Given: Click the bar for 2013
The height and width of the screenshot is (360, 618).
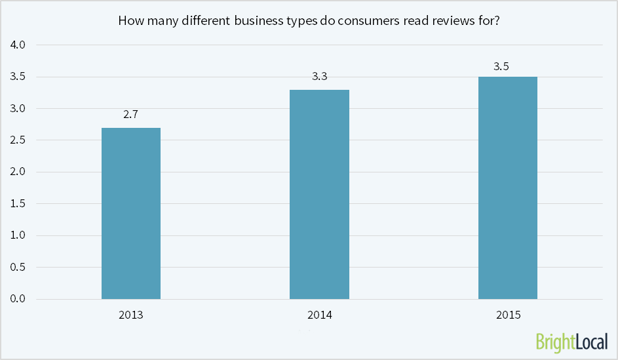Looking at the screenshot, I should tap(131, 213).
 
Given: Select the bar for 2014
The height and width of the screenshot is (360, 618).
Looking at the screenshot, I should tap(319, 194).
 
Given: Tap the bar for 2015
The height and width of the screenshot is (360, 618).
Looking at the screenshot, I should tap(507, 188).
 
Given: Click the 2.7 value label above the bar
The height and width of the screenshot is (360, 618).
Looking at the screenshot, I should tap(131, 115).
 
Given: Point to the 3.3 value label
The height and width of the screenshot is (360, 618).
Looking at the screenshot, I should tap(319, 77).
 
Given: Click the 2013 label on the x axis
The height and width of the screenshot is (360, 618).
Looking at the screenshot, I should tap(131, 315).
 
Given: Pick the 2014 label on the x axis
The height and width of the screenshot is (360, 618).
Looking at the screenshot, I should tap(319, 315).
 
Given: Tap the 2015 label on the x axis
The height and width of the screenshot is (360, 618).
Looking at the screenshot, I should tap(508, 315).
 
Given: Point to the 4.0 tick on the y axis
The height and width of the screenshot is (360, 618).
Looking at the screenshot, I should tap(18, 45).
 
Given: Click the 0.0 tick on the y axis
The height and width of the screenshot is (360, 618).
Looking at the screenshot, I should tap(18, 299).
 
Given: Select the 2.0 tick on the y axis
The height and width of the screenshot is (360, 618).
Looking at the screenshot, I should tap(18, 172).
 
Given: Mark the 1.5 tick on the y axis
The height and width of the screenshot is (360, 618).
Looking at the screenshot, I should tap(18, 204).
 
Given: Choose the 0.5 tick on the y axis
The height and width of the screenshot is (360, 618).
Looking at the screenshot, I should tap(18, 268).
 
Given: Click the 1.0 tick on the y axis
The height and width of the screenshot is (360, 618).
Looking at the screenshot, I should tap(18, 235).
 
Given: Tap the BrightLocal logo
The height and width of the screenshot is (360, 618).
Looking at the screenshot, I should tap(571, 341).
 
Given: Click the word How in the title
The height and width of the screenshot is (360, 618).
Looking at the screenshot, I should tap(129, 20).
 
